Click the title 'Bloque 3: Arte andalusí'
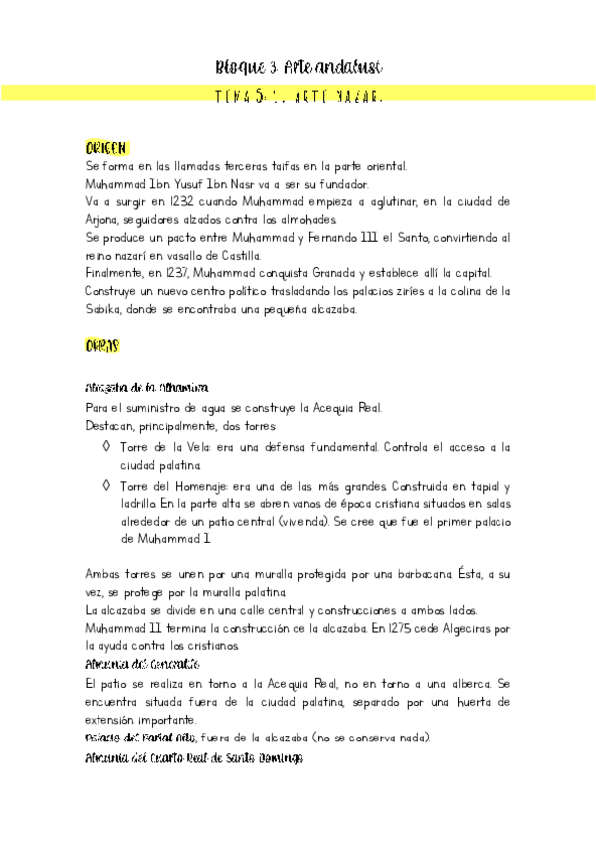298,67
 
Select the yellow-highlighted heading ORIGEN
106,148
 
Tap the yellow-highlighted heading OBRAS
102,346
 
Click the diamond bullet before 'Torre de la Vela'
107,447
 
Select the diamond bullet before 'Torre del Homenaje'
107,485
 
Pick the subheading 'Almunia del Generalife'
142,663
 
